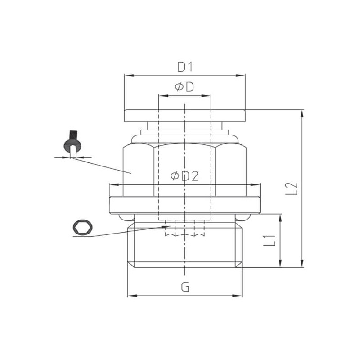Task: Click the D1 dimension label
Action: tap(184, 67)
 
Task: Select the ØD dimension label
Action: tap(184, 87)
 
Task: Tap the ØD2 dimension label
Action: tap(184, 176)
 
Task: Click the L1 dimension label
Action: tap(270, 240)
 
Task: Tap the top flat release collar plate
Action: tap(184, 115)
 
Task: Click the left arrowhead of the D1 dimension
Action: tap(126, 76)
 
